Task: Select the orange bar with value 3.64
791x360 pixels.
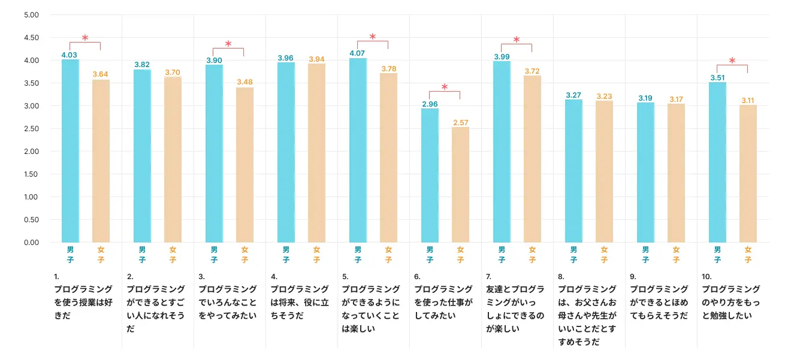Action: coord(101,161)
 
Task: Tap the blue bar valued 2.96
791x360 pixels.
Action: coord(430,176)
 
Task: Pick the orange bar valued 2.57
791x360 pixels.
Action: coord(460,184)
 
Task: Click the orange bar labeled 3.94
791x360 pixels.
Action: coord(316,153)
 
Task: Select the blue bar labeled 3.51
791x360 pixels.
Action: coord(717,162)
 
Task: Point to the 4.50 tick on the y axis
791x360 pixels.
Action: coord(31,38)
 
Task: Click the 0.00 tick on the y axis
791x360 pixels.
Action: coord(31,242)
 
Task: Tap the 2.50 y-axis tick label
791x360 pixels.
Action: coord(31,129)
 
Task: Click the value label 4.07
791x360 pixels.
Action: coord(358,53)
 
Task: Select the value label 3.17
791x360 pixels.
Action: coord(676,99)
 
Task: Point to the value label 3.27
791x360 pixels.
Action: coord(573,95)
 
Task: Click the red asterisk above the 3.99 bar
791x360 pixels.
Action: coord(517,40)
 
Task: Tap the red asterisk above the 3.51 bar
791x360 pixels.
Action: coord(732,60)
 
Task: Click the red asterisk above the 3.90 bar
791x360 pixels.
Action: coord(228,44)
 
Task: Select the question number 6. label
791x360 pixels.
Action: coord(417,277)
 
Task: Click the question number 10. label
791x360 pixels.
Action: coord(707,277)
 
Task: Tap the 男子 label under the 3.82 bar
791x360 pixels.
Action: coord(142,255)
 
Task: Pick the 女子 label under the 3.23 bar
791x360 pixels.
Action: coord(604,255)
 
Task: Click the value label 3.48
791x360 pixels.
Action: coord(244,81)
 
